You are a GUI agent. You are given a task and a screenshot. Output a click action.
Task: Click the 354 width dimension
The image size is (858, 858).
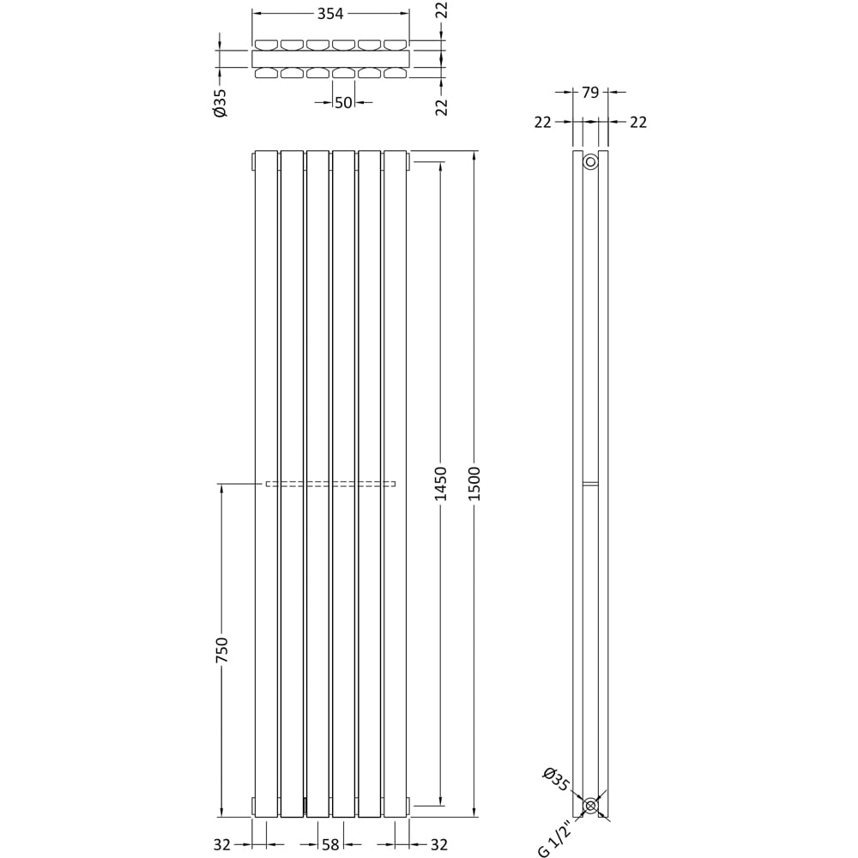[x=330, y=14]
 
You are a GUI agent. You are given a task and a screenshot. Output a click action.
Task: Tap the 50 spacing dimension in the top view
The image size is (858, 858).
[x=343, y=102]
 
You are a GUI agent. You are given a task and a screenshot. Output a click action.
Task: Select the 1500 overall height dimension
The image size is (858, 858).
[x=474, y=483]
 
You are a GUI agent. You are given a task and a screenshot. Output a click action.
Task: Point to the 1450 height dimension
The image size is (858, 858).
[x=440, y=483]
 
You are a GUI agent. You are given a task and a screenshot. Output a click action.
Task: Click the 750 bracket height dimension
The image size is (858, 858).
[x=221, y=650]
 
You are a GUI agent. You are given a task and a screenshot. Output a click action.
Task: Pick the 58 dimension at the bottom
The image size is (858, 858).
[x=330, y=845]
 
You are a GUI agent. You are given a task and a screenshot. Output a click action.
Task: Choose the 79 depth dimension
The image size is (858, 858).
[x=590, y=93]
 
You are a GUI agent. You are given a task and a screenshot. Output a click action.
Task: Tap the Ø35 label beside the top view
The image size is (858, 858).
[x=220, y=103]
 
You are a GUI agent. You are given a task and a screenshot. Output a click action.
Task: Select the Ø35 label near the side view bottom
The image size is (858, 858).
[x=556, y=779]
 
